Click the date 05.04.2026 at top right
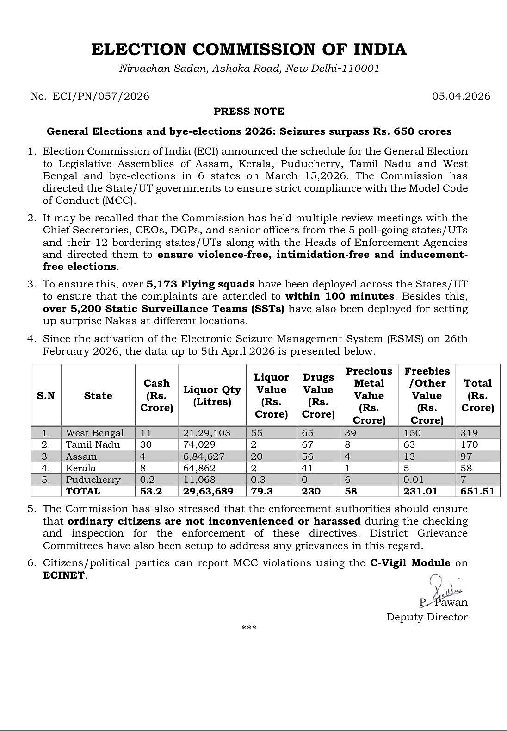tap(461, 96)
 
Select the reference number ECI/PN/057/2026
tap(101, 96)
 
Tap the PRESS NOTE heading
tap(249, 112)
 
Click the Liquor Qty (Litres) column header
tap(212, 396)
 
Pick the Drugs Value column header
tap(318, 396)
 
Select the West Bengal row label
tap(95, 433)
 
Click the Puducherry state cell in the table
tap(93, 480)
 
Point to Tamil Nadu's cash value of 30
tap(146, 444)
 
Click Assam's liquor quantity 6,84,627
tap(204, 456)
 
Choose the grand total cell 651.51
tap(477, 491)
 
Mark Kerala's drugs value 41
tap(308, 468)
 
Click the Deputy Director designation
tap(427, 617)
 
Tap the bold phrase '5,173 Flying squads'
tap(200, 284)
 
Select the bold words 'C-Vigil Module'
tap(410, 563)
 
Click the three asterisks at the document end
tap(249, 628)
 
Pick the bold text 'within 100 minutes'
tap(340, 296)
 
